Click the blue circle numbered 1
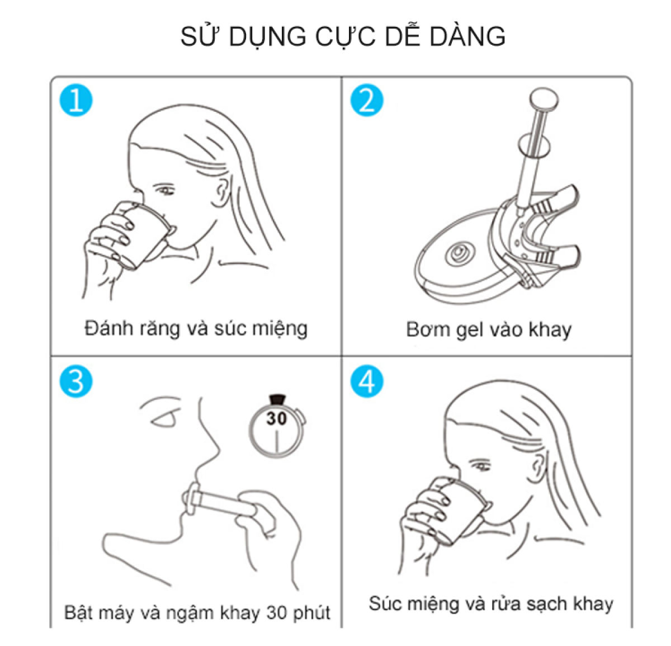76,100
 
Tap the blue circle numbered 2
366,100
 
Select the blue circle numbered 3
76,381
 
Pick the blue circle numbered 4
366,381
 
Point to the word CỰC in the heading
345,36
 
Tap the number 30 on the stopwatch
277,419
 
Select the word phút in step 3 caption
311,613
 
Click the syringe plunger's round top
544,97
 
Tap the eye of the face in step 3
166,419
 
